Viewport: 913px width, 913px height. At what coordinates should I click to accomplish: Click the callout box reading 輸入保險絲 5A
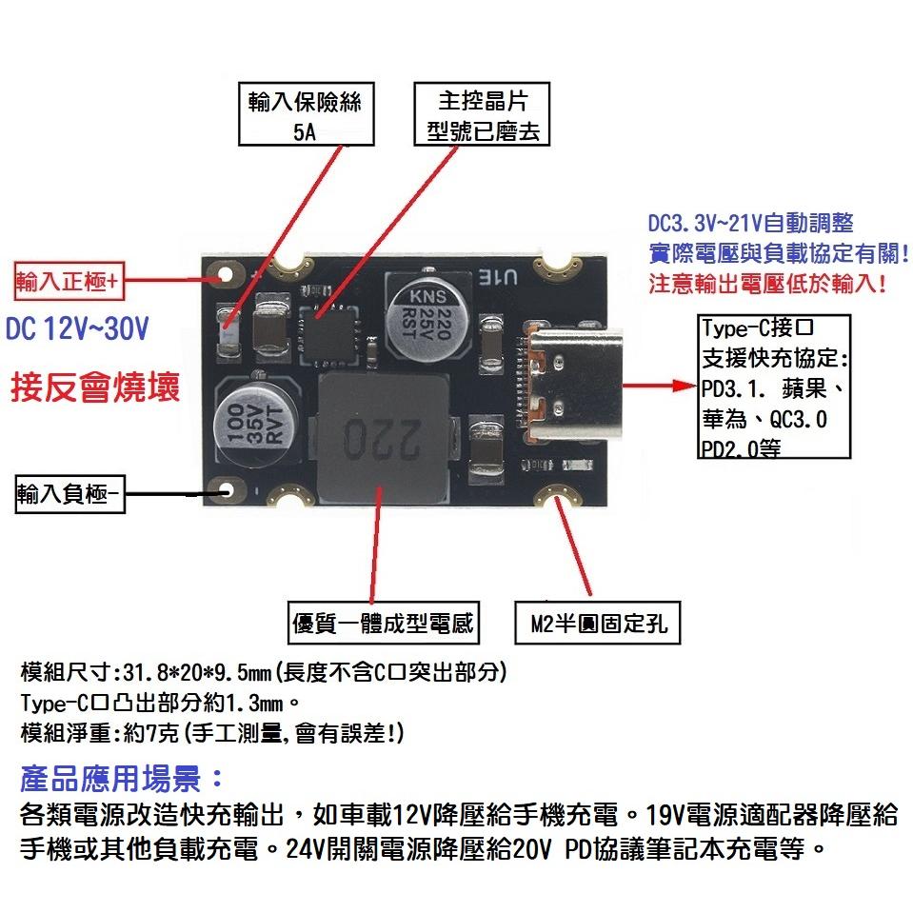305,114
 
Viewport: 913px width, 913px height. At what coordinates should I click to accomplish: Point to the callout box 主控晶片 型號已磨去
482,114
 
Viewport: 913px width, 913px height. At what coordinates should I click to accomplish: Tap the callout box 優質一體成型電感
382,625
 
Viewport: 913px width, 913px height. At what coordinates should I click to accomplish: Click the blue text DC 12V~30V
77,331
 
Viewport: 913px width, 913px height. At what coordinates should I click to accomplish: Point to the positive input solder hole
227,276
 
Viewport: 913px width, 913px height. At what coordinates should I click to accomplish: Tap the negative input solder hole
228,492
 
